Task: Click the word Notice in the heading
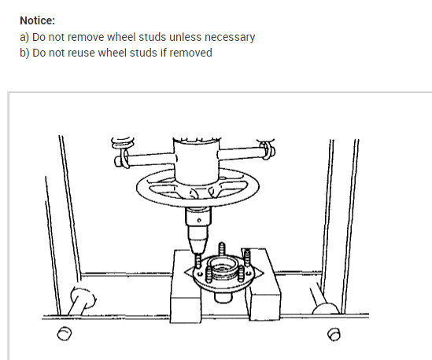pos(37,21)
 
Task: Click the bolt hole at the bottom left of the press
pos(64,335)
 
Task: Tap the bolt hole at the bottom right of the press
pos(333,335)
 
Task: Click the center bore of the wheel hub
pos(223,274)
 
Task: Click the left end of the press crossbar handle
pos(121,162)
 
